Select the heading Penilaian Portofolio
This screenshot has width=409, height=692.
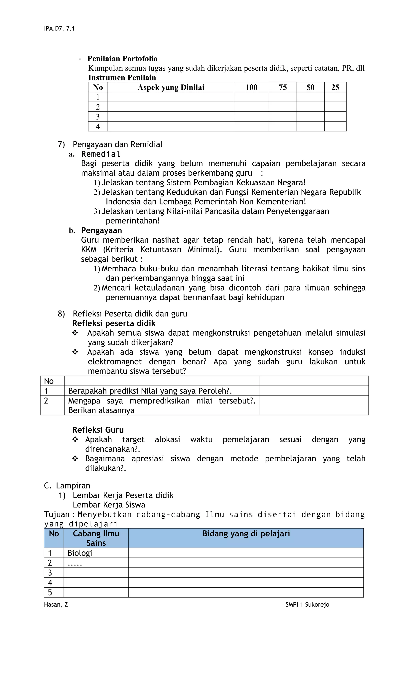click(122, 59)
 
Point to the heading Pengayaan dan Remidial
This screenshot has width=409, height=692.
click(117, 144)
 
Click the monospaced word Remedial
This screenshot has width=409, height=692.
click(101, 154)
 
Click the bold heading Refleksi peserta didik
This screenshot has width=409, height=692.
click(114, 323)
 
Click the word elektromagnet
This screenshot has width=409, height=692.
click(115, 362)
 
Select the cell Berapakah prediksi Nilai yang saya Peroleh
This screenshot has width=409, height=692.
click(150, 391)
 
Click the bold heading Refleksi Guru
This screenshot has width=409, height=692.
click(98, 430)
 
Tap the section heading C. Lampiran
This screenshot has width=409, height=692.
click(67, 485)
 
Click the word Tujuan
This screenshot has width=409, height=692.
click(57, 514)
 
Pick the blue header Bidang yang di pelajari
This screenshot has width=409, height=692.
click(246, 534)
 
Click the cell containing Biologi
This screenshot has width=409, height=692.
click(80, 553)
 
